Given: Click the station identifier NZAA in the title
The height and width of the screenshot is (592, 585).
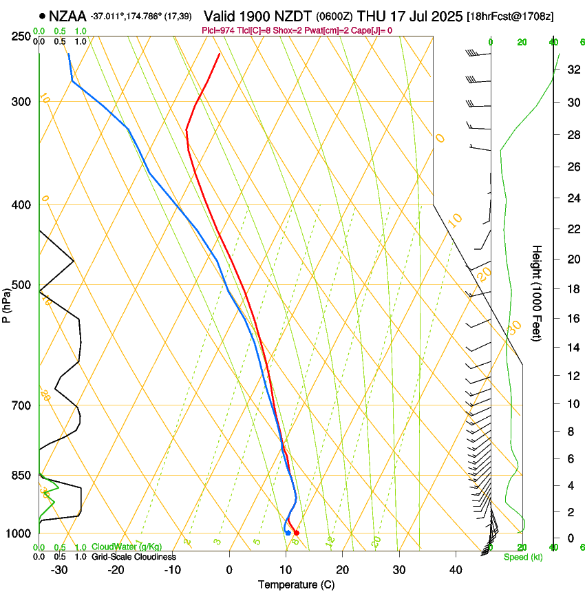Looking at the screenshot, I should pos(67,16).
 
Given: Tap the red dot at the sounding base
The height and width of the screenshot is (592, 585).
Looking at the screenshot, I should pos(296,533).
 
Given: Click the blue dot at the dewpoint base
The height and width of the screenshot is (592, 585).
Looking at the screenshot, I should pos(288,533).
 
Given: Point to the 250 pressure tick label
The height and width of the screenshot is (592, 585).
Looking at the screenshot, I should pos(21,36).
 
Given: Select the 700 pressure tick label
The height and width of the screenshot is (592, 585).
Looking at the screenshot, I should pos(21,405).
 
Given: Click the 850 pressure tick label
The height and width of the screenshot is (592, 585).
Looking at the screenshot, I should pos(21,476).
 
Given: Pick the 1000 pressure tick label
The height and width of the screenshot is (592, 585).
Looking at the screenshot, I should pos(19,533).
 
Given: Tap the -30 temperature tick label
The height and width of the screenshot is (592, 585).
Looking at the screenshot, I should pos(58,570).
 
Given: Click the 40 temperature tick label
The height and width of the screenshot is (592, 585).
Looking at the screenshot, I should pos(455,570).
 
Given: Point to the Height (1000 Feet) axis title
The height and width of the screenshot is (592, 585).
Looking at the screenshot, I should pos(537,293).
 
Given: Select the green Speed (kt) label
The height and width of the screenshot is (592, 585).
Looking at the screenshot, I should pos(523,557).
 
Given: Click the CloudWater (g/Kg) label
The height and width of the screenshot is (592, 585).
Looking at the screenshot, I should pos(127,547).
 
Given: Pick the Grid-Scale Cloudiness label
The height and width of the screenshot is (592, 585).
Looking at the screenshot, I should pos(134,557).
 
